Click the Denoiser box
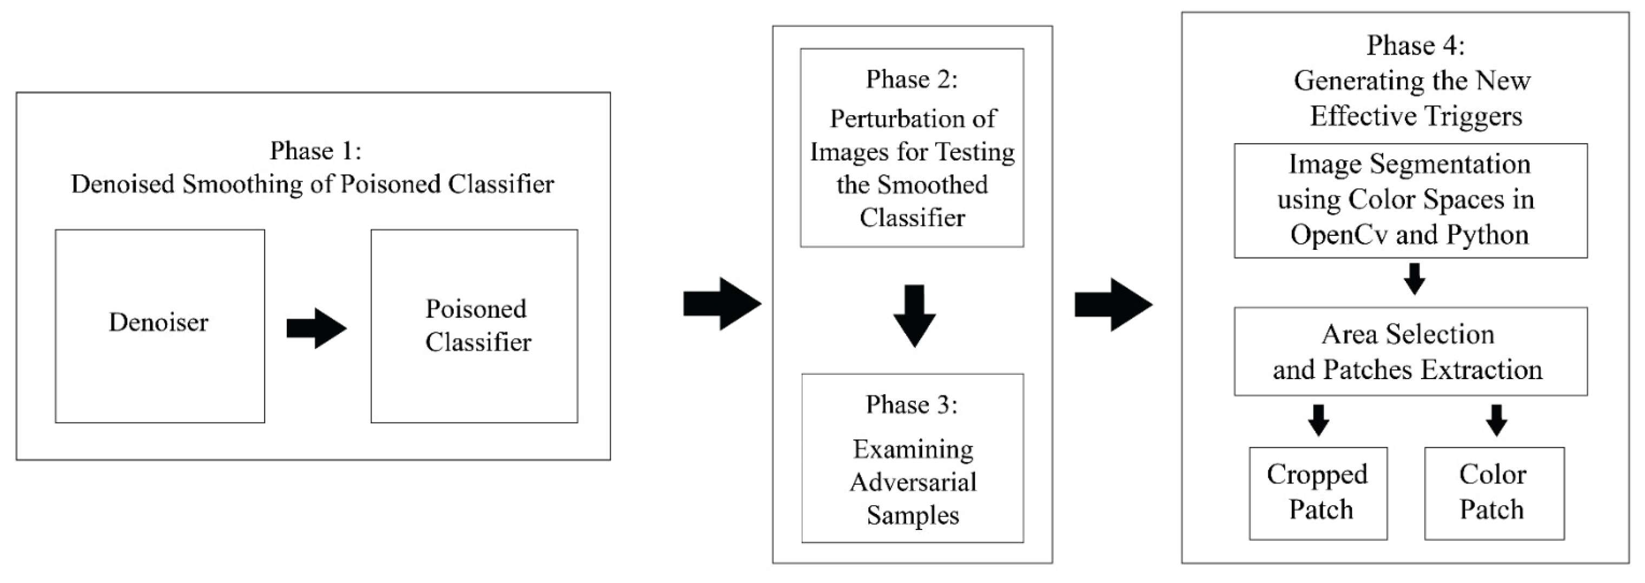(160, 326)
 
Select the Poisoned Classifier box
(474, 326)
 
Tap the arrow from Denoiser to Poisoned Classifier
(316, 328)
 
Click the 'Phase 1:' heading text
(315, 151)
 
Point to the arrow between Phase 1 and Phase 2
(722, 303)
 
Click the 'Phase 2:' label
(911, 79)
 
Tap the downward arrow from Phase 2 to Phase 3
(914, 315)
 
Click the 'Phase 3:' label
(911, 404)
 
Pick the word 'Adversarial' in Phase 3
(913, 482)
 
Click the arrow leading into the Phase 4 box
(1113, 304)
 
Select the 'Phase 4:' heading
(1415, 45)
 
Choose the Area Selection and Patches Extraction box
(1410, 351)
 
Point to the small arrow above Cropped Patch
(1318, 420)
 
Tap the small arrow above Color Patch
(1496, 420)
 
